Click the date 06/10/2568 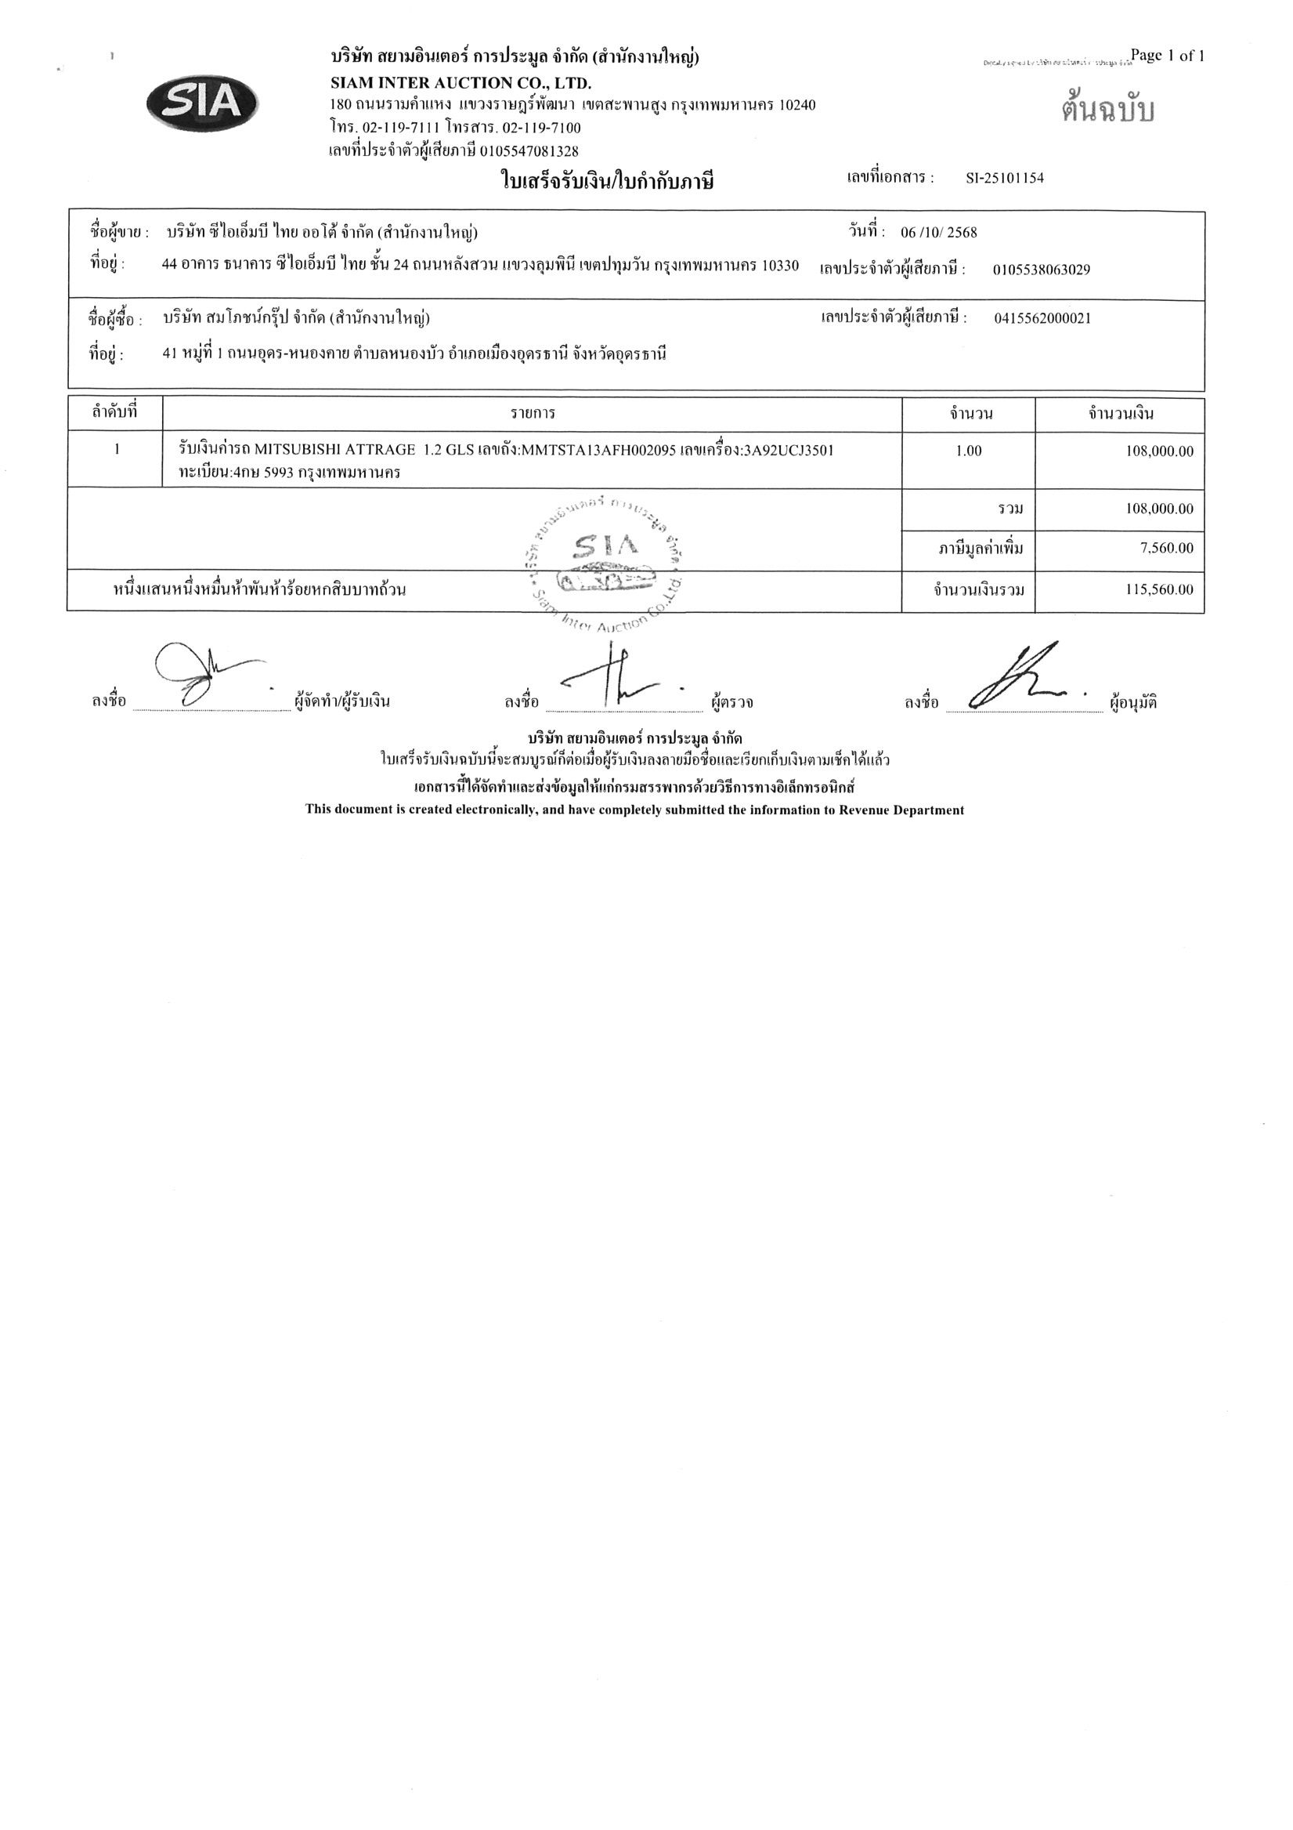(x=938, y=233)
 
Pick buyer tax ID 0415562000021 (x=1042, y=319)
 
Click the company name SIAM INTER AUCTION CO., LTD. (x=460, y=83)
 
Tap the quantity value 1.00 (x=968, y=451)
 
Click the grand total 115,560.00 (x=1159, y=590)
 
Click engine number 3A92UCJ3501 (x=788, y=451)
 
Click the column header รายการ (x=533, y=414)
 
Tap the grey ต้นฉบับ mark (x=1107, y=110)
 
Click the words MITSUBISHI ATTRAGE (x=334, y=451)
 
